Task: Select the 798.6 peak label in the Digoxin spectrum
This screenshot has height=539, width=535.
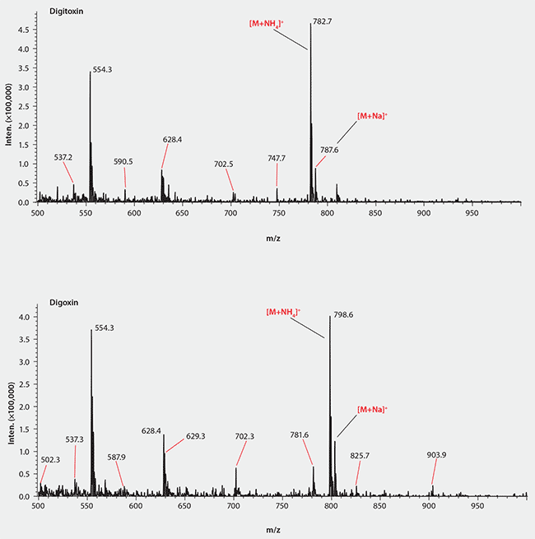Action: pos(344,314)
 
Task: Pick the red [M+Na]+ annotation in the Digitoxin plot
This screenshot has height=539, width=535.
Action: pos(372,116)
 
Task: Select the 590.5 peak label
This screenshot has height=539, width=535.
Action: pos(123,162)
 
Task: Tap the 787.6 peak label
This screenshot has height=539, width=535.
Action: pos(330,150)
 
